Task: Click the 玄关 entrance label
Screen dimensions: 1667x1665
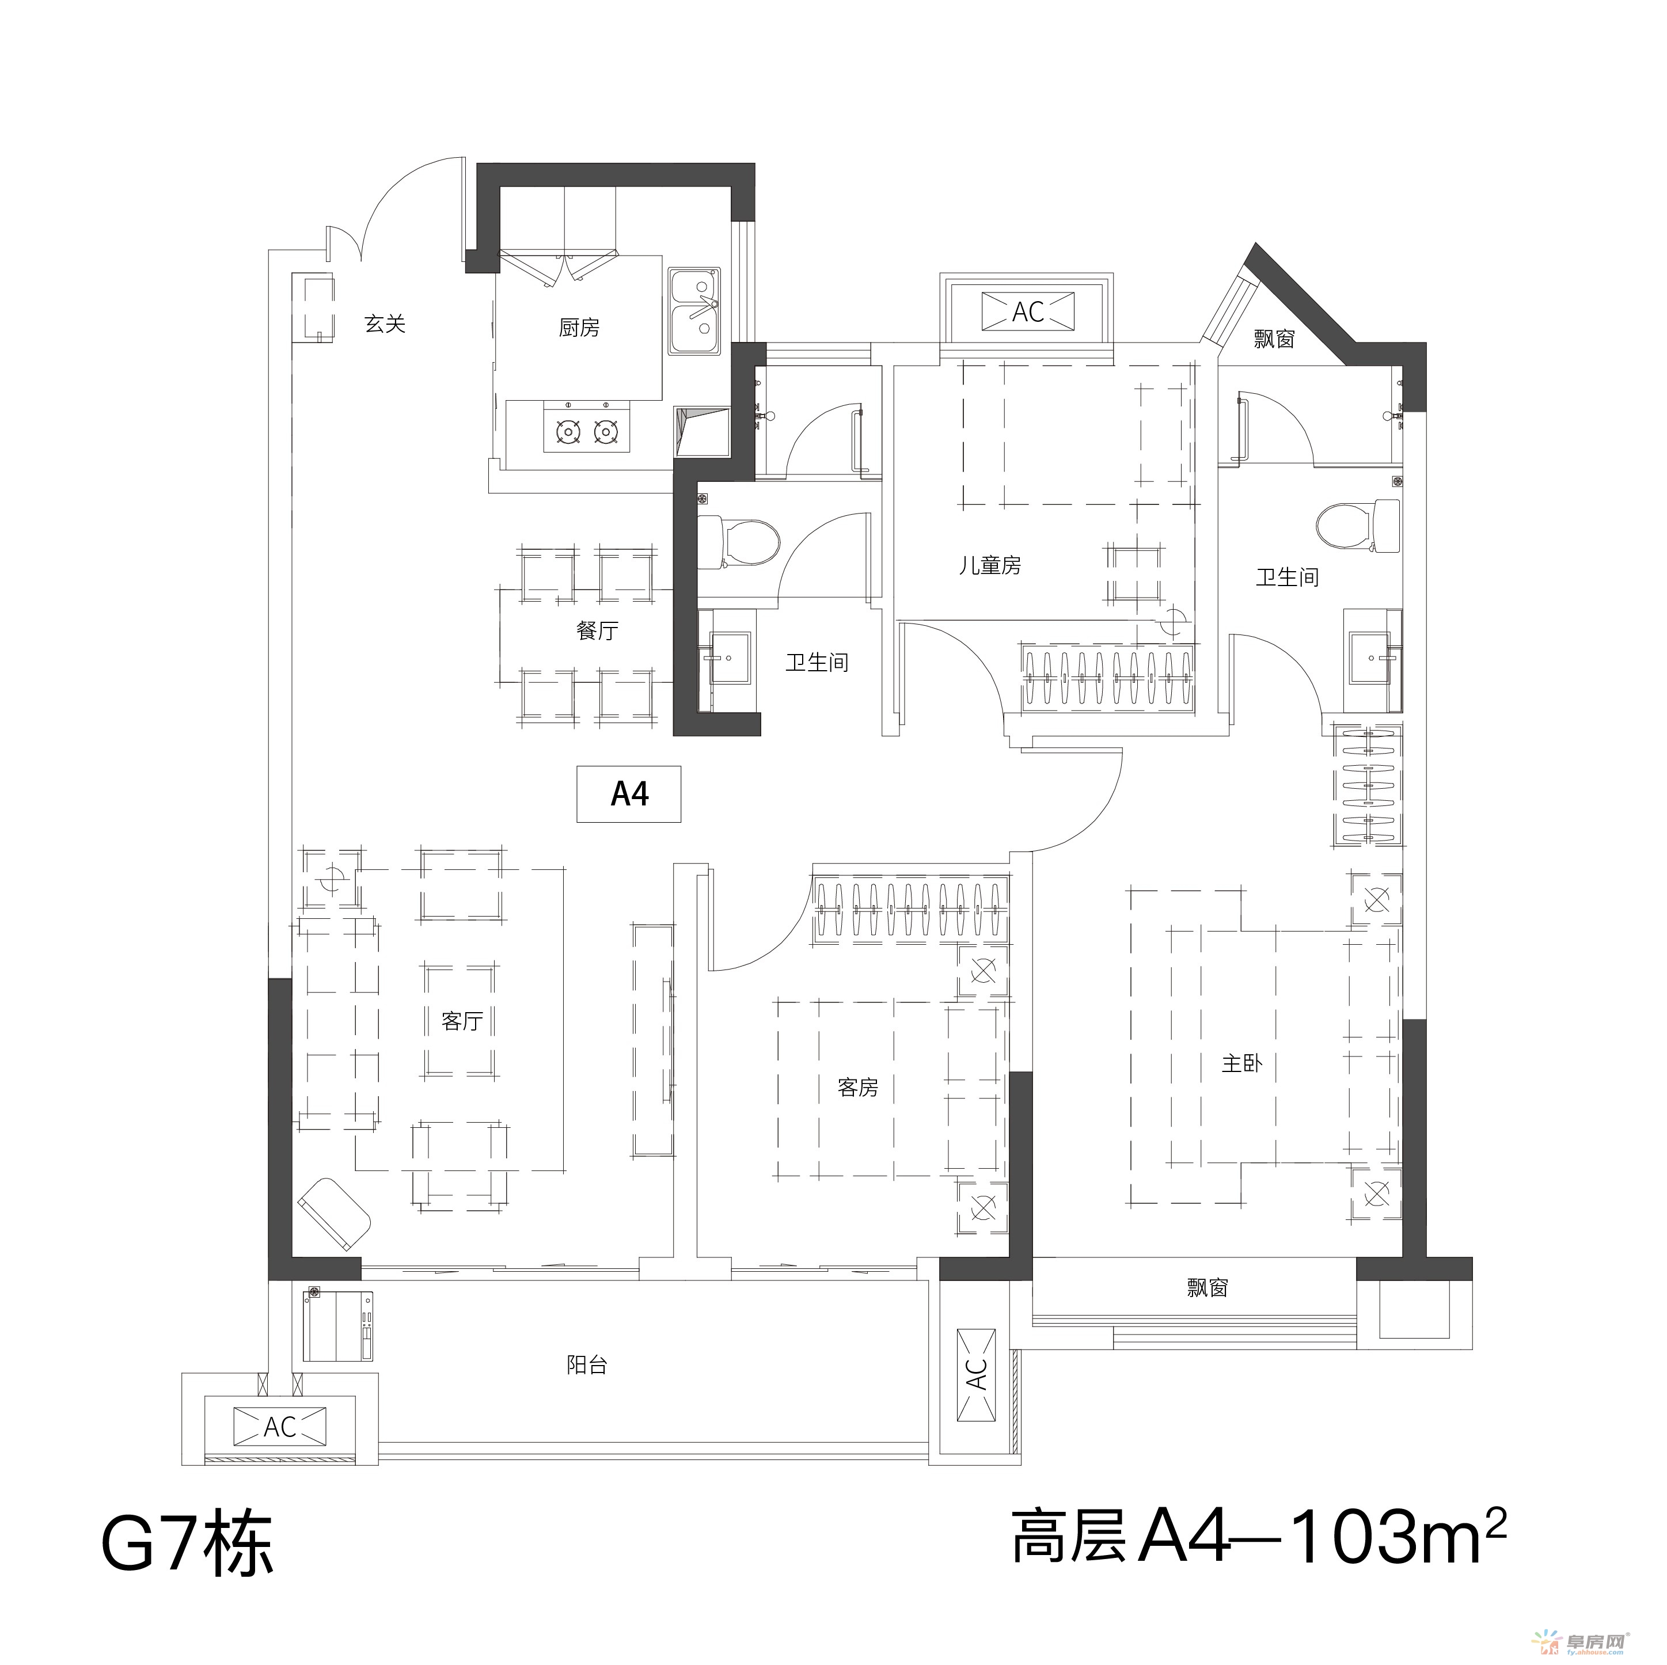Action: click(x=385, y=324)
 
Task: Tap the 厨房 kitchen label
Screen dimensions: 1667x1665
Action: click(x=579, y=328)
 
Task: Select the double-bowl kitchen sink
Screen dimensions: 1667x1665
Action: click(x=696, y=311)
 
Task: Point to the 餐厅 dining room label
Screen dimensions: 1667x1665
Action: click(x=597, y=630)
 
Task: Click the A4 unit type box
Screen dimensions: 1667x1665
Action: click(x=629, y=794)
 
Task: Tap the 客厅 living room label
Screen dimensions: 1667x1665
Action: click(x=462, y=1021)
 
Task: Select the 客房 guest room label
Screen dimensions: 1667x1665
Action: click(x=857, y=1088)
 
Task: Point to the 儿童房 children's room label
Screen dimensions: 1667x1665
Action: click(x=990, y=566)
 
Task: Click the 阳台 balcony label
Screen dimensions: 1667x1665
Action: click(x=587, y=1365)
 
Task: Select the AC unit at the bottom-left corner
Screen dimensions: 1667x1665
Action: click(x=279, y=1427)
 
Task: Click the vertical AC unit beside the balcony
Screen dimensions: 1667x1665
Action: click(x=976, y=1376)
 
